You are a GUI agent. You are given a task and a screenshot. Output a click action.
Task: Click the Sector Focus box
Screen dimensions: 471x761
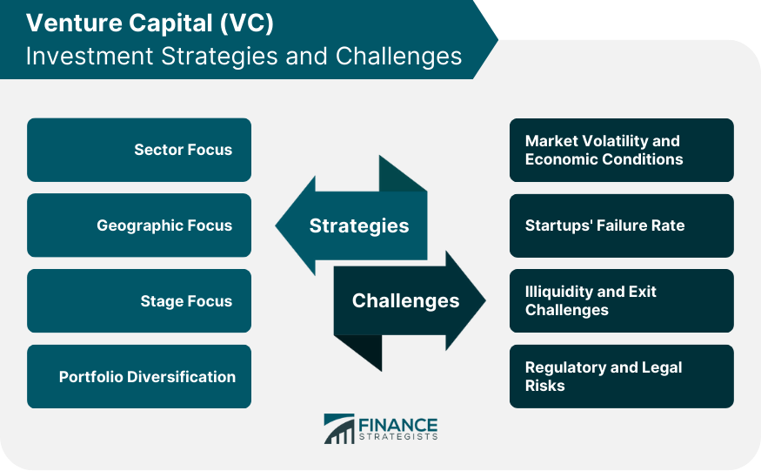pyautogui.click(x=139, y=150)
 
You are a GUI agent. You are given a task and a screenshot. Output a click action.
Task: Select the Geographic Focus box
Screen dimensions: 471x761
pyautogui.click(x=139, y=225)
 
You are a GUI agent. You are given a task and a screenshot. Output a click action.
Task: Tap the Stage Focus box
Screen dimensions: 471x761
pyautogui.click(x=139, y=301)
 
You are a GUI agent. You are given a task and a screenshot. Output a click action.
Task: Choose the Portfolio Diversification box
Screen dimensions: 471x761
pyautogui.click(x=139, y=377)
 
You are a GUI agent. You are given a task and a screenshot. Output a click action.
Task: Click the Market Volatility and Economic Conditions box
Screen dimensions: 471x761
pyautogui.click(x=621, y=150)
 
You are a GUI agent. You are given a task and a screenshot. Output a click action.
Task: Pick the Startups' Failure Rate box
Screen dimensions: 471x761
pyautogui.click(x=621, y=225)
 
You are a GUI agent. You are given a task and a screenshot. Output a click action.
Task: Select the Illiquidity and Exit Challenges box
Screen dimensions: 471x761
pyautogui.click(x=621, y=301)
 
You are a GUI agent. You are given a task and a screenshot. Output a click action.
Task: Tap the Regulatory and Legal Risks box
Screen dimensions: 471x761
pyautogui.click(x=621, y=377)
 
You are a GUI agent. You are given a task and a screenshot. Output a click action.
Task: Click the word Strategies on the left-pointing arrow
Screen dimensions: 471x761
pyautogui.click(x=358, y=225)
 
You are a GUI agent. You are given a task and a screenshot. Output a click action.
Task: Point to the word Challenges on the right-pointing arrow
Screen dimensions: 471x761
pyautogui.click(x=405, y=301)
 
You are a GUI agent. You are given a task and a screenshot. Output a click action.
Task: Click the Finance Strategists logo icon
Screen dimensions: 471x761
pyautogui.click(x=338, y=428)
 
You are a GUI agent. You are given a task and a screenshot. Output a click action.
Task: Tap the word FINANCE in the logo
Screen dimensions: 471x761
pyautogui.click(x=398, y=424)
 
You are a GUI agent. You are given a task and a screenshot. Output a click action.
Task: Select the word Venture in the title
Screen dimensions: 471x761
pyautogui.click(x=66, y=23)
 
